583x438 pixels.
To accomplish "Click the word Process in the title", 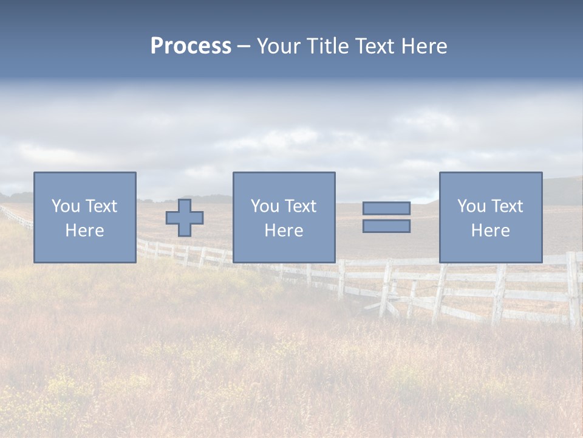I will (x=191, y=46).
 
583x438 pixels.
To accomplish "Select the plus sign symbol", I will (x=185, y=218).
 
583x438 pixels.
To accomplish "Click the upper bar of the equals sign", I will (x=386, y=208).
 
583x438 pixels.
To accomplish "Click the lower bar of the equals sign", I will (x=386, y=226).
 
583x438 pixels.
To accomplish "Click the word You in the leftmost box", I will (x=66, y=206).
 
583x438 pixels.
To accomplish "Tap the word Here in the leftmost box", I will (x=84, y=231).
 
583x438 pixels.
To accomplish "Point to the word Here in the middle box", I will (x=284, y=231).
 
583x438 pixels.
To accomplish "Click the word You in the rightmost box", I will (x=471, y=206).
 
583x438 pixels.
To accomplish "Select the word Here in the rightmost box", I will (x=490, y=231).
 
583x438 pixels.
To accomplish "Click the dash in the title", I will (x=244, y=47).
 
